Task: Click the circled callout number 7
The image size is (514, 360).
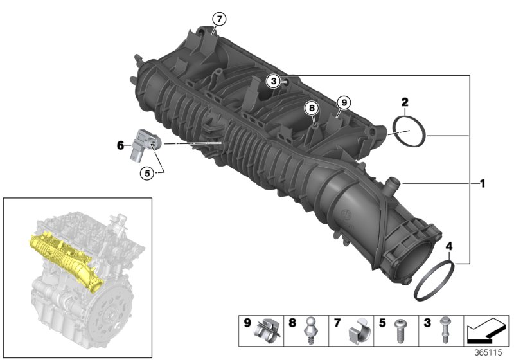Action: click(219, 19)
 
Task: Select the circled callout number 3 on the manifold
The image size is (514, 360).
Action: click(273, 81)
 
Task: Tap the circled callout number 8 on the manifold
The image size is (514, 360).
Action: click(312, 108)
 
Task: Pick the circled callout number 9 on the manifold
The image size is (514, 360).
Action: click(343, 102)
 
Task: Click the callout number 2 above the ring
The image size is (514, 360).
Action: click(405, 102)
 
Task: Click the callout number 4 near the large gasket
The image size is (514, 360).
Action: click(448, 246)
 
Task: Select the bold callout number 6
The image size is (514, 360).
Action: click(120, 146)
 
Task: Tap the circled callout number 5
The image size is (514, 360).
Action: click(147, 172)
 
